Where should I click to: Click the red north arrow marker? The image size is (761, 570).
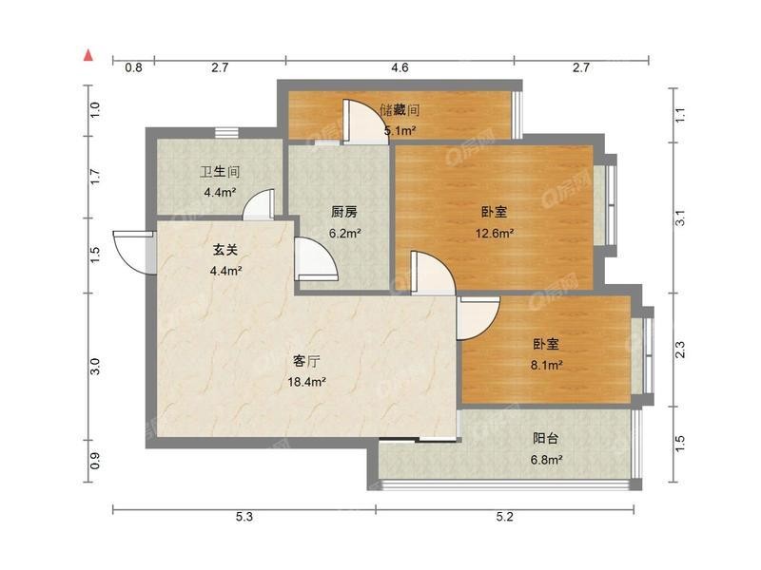88,55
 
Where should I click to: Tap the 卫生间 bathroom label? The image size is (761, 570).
220,172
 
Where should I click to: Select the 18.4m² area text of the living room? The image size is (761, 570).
306,382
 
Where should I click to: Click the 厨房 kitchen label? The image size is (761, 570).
344,212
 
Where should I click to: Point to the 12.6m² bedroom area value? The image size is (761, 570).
494,234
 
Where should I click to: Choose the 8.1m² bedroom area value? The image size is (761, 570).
546,365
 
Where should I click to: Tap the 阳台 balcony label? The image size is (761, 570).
545,439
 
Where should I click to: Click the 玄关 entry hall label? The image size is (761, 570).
225,250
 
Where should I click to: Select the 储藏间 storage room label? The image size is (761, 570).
400,110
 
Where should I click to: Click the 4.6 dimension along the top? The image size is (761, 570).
400,67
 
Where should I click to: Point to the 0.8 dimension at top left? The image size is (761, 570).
133,67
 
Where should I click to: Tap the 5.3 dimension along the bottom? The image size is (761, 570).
244,517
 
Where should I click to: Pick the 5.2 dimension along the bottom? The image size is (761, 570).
504,517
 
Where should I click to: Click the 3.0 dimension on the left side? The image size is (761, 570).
95,366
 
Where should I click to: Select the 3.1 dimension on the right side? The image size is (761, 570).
680,218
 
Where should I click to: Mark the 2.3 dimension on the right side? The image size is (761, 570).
680,350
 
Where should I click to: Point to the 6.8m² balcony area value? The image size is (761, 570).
546,460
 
